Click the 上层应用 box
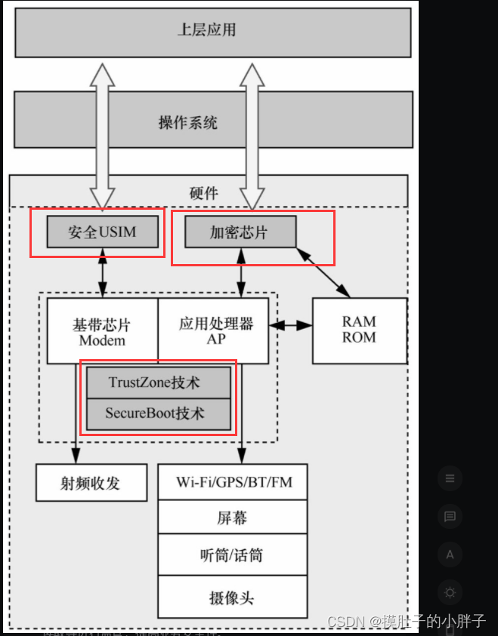212,31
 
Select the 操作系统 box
212,120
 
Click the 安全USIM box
102,232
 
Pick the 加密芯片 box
239,232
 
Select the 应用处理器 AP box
213,331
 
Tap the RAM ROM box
359,330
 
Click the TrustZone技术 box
158,383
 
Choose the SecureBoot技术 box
158,413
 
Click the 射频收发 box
91,483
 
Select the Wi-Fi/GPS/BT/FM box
232,482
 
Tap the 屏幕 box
232,518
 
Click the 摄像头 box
232,598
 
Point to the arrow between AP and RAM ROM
291,326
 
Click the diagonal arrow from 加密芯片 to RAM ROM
323,271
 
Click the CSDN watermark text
406,621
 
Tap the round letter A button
450,555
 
